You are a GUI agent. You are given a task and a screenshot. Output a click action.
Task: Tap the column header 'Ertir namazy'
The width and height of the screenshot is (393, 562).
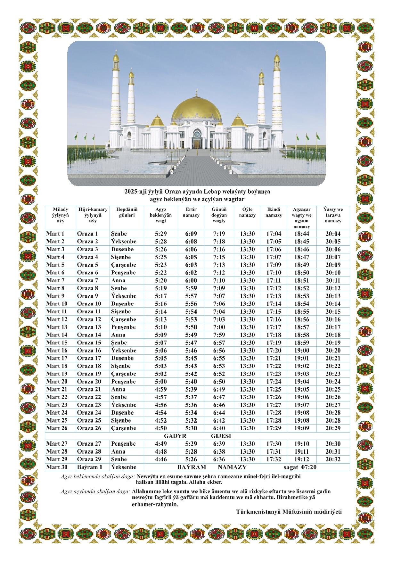(191, 212)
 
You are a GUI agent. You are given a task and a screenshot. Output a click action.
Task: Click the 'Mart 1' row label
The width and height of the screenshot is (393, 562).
(55, 234)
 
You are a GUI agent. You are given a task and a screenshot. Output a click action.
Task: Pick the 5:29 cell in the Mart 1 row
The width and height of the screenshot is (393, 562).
(161, 234)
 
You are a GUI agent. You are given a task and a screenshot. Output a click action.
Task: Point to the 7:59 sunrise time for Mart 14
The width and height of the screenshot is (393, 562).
(219, 335)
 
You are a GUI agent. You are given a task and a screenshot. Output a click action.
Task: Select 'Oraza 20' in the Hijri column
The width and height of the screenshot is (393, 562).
(89, 382)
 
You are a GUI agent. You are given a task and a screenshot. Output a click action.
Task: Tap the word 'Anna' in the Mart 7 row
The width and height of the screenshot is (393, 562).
(118, 280)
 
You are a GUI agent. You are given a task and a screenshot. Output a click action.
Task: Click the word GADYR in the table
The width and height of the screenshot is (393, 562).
(175, 436)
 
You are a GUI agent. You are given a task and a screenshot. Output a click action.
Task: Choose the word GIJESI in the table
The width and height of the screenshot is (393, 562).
(221, 436)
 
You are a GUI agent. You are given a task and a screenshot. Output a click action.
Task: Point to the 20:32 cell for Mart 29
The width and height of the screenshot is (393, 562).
(333, 459)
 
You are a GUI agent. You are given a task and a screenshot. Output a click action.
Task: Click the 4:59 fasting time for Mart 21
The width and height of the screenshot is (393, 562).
(161, 389)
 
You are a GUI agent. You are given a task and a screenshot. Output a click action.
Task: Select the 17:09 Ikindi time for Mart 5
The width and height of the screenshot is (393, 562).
(274, 265)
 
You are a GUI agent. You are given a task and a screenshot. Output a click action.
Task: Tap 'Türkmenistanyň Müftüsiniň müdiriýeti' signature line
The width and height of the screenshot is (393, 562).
(289, 512)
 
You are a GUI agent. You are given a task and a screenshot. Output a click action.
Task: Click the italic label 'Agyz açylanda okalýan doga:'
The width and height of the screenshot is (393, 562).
(95, 491)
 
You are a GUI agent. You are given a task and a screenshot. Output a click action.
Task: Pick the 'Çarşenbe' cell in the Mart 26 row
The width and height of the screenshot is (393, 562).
(123, 428)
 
